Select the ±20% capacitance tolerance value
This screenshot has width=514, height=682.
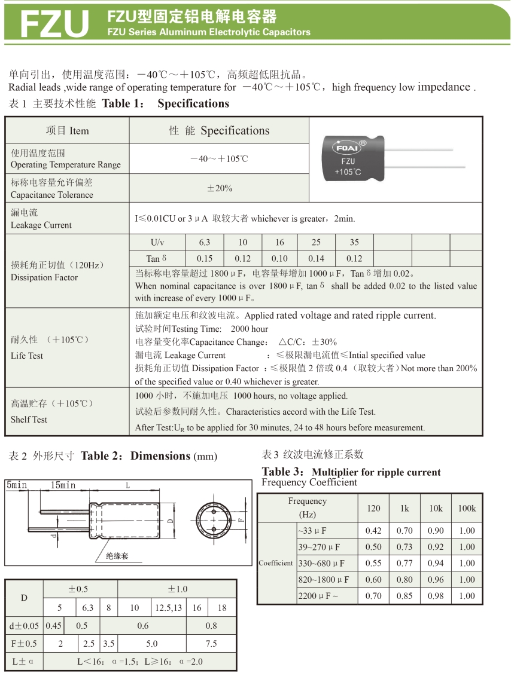pos(219,188)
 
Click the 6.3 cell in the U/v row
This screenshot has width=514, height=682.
pos(205,242)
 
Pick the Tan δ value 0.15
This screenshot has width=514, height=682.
pos(205,258)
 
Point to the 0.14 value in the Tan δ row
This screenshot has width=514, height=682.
pos(316,258)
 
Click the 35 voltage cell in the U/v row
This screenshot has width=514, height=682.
pos(354,242)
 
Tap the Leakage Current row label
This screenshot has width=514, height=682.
pos(41,219)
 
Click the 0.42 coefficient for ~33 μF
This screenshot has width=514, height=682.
pos(373,531)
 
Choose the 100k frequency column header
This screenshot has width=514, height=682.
pos(467,508)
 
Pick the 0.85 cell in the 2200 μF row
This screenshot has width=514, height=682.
pos(404,596)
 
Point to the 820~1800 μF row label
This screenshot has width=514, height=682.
pos(323,580)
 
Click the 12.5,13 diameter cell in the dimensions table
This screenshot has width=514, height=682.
pos(169,607)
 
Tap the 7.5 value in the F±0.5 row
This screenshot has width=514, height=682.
pos(211,644)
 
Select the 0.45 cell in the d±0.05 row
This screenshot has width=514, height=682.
pos(53,626)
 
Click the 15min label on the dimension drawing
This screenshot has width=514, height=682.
pos(63,485)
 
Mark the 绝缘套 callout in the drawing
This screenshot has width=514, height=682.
pos(117,556)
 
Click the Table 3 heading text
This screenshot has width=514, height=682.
pos(351,472)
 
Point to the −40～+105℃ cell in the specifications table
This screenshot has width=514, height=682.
pos(219,158)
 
